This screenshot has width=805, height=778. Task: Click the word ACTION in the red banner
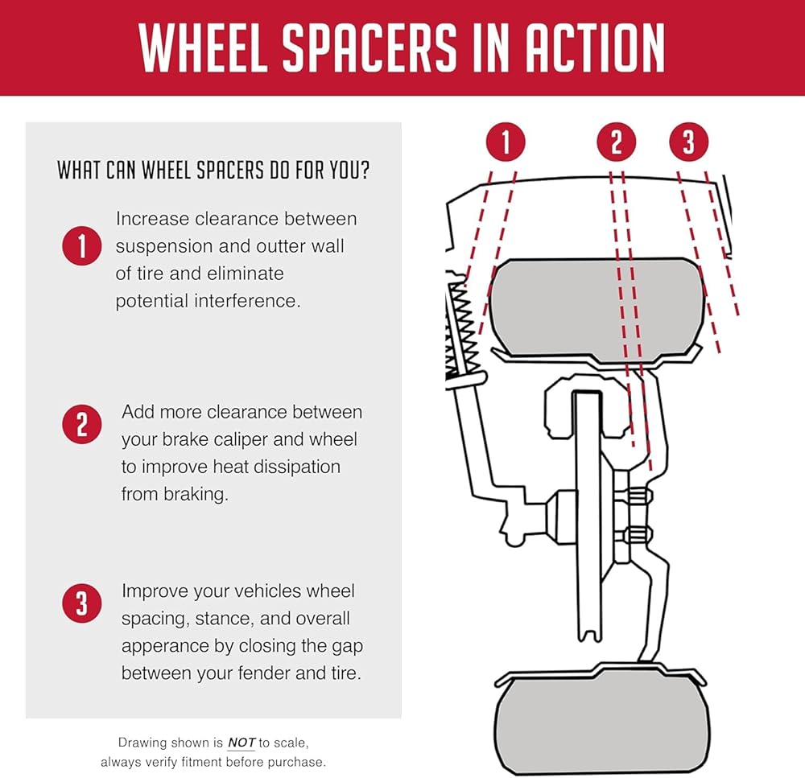pyautogui.click(x=595, y=47)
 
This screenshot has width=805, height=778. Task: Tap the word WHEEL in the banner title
pyautogui.click(x=204, y=47)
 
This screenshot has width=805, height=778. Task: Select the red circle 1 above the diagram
pyautogui.click(x=506, y=141)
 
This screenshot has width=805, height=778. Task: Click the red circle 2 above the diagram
pyautogui.click(x=617, y=141)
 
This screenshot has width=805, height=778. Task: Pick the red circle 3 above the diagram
pyautogui.click(x=689, y=141)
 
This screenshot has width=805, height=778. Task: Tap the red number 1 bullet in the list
pyautogui.click(x=81, y=246)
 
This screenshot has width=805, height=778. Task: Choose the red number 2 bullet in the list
pyautogui.click(x=81, y=425)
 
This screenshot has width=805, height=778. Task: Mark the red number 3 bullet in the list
pyautogui.click(x=81, y=603)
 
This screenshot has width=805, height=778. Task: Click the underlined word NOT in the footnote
pyautogui.click(x=242, y=743)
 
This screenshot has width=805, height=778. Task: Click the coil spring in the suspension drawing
pyautogui.click(x=464, y=327)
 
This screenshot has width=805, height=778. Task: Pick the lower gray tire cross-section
pyautogui.click(x=601, y=722)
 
